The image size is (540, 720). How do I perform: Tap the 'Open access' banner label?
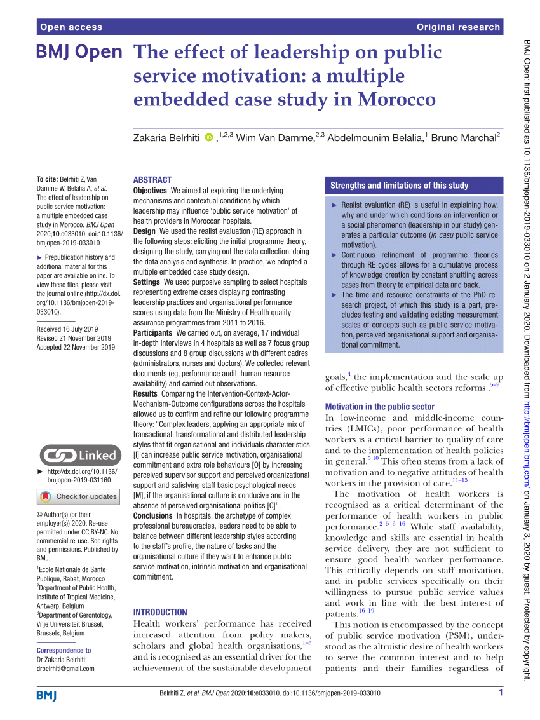(x=71, y=27)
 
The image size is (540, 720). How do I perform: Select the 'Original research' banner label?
(x=458, y=27)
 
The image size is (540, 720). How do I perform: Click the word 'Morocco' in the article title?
(x=396, y=100)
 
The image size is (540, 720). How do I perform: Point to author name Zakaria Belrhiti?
(x=167, y=138)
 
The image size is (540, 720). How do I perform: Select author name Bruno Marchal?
(x=464, y=138)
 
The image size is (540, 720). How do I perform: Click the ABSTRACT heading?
(x=152, y=180)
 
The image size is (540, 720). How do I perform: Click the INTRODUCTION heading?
(x=160, y=612)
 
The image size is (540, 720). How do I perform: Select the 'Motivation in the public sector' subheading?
(x=380, y=406)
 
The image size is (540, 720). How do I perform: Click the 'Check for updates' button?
(x=79, y=496)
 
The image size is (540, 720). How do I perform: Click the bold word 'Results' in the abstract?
(x=145, y=394)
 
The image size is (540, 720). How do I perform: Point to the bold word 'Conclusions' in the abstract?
(x=153, y=515)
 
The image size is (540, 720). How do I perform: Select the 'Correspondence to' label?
(x=64, y=650)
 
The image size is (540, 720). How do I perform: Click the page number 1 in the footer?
(x=501, y=693)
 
